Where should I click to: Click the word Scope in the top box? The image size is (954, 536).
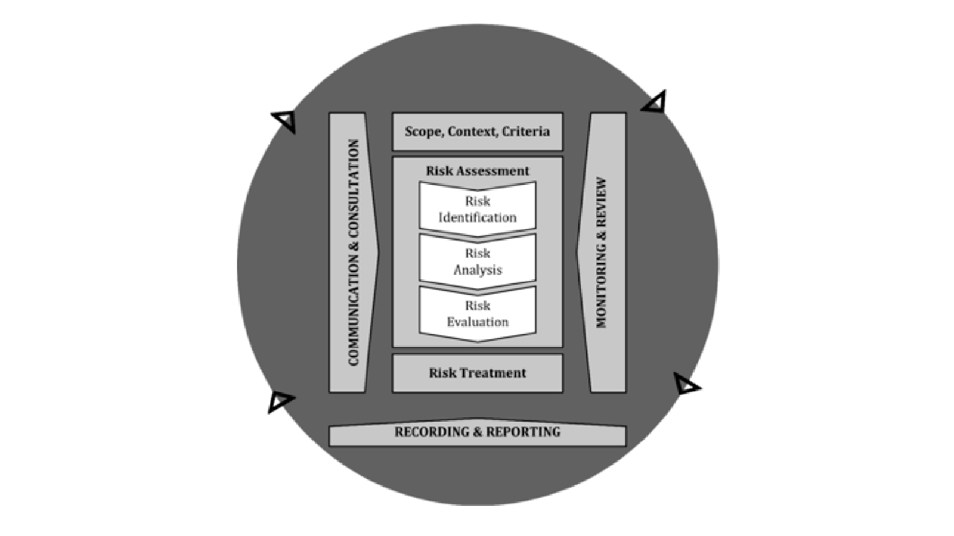(423, 132)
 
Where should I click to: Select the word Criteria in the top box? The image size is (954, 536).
(526, 132)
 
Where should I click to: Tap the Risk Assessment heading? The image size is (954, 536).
(477, 171)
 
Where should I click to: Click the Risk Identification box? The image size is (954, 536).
(477, 209)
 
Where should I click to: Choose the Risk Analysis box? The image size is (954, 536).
(477, 261)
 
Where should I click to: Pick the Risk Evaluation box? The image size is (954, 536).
(477, 314)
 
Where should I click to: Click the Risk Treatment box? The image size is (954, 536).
(477, 373)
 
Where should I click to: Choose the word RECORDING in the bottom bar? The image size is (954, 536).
(428, 432)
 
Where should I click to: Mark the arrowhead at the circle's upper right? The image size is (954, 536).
(655, 103)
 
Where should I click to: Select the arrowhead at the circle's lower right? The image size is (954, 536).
(686, 384)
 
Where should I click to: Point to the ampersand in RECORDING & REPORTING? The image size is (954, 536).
(477, 432)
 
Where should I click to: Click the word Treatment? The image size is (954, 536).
(495, 373)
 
